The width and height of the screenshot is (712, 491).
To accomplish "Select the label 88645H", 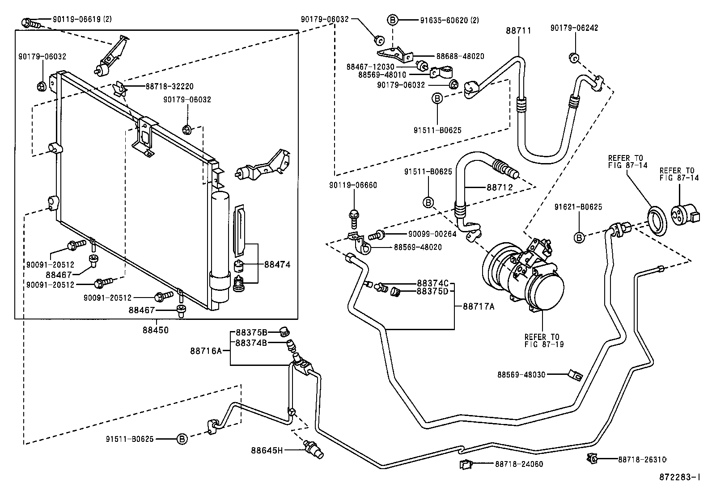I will point(267,450).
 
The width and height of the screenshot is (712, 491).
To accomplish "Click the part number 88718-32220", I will point(169,87).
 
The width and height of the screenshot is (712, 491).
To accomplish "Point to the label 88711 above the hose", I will point(519,30).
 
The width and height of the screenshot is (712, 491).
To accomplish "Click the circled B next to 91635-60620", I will point(392,20).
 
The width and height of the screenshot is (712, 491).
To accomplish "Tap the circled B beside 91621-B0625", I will point(579,238).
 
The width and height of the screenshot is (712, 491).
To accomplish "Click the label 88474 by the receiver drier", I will point(277,264).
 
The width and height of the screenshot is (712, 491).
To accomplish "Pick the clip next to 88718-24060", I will point(466,465).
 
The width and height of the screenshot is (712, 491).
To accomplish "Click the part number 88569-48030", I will point(521,374).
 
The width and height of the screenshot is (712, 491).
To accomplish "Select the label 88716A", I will point(206,351).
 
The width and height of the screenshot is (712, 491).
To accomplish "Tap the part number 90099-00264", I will point(432,234).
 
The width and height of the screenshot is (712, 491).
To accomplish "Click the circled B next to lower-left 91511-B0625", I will point(182,439).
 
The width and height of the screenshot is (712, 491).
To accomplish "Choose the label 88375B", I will point(251,332).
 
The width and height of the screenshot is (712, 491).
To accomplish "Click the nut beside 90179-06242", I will point(574,58).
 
